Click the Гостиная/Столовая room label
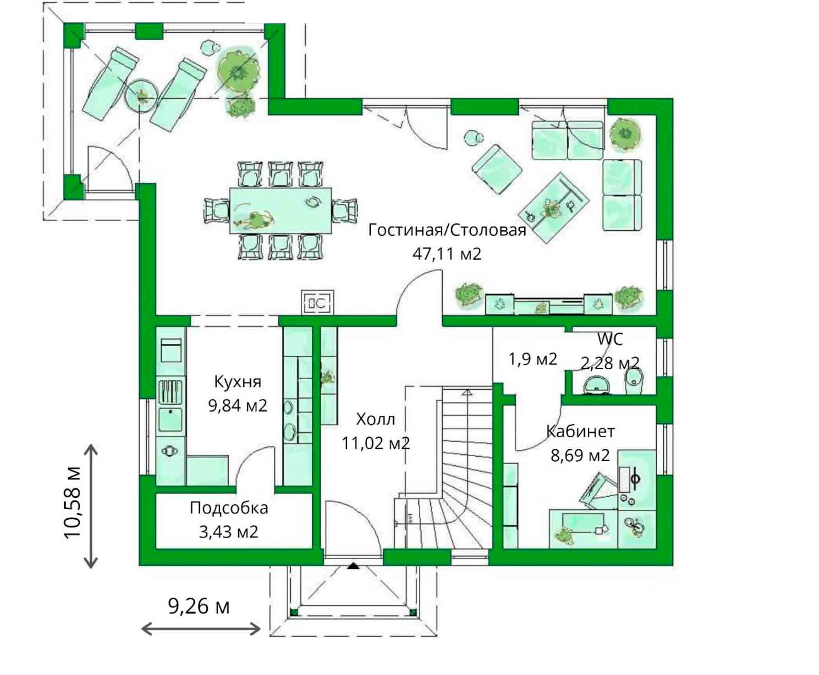[x=447, y=229]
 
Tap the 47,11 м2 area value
[x=447, y=253]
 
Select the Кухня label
[x=237, y=381]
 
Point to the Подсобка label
[x=229, y=508]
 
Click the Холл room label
[x=375, y=419]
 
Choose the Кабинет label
[x=580, y=431]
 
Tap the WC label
[x=610, y=339]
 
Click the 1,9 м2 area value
[x=533, y=359]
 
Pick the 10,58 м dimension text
[x=73, y=502]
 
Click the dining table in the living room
[x=280, y=210]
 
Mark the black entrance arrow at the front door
[x=353, y=566]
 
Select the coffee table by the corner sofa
[x=553, y=208]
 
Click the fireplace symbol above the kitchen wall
[x=317, y=302]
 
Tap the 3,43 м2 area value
[x=229, y=532]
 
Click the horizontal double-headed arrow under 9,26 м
[x=201, y=628]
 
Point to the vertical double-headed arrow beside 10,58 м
[x=91, y=506]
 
